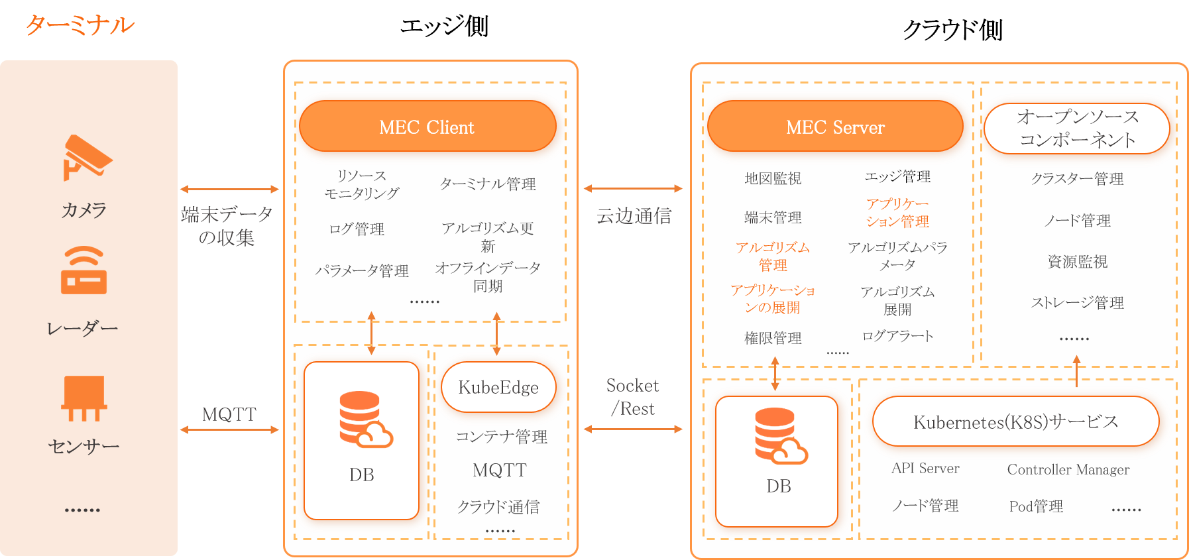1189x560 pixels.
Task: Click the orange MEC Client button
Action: [427, 127]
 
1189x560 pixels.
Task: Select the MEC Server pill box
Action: [835, 127]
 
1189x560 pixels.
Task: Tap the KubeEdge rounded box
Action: [498, 387]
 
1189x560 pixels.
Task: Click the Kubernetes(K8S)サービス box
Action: [1015, 421]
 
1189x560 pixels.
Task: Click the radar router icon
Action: [84, 270]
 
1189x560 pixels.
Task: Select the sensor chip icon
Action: [84, 398]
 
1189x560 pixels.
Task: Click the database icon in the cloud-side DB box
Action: [780, 435]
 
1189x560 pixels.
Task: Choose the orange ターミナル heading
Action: [80, 25]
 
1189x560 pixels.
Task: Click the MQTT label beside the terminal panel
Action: [229, 415]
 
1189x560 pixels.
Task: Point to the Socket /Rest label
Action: [633, 397]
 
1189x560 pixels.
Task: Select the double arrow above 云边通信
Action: [633, 189]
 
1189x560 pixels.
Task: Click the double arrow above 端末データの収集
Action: [229, 190]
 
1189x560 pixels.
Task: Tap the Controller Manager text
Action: [1068, 469]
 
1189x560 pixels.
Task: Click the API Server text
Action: [925, 469]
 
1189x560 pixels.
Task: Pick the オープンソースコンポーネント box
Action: [1077, 129]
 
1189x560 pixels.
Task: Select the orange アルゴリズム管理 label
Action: [773, 256]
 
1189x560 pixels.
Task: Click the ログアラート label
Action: [897, 336]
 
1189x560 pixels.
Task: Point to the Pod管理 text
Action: [1036, 506]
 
